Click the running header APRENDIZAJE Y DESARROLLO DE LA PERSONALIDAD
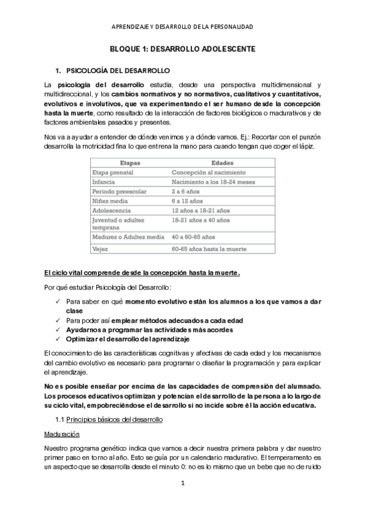[182, 27]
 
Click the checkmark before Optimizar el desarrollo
[57, 338]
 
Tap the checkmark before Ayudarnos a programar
[57, 329]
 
